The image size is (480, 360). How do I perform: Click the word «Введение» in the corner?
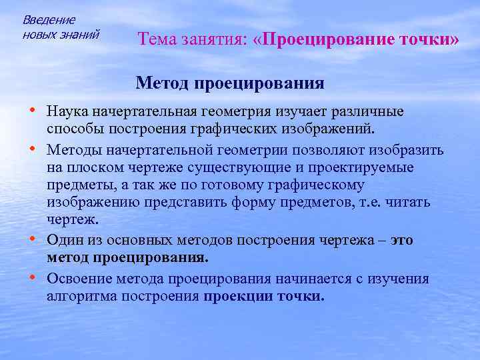coord(49,20)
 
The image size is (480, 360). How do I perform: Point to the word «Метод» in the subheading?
coord(163,84)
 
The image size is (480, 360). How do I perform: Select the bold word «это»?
coord(401,240)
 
